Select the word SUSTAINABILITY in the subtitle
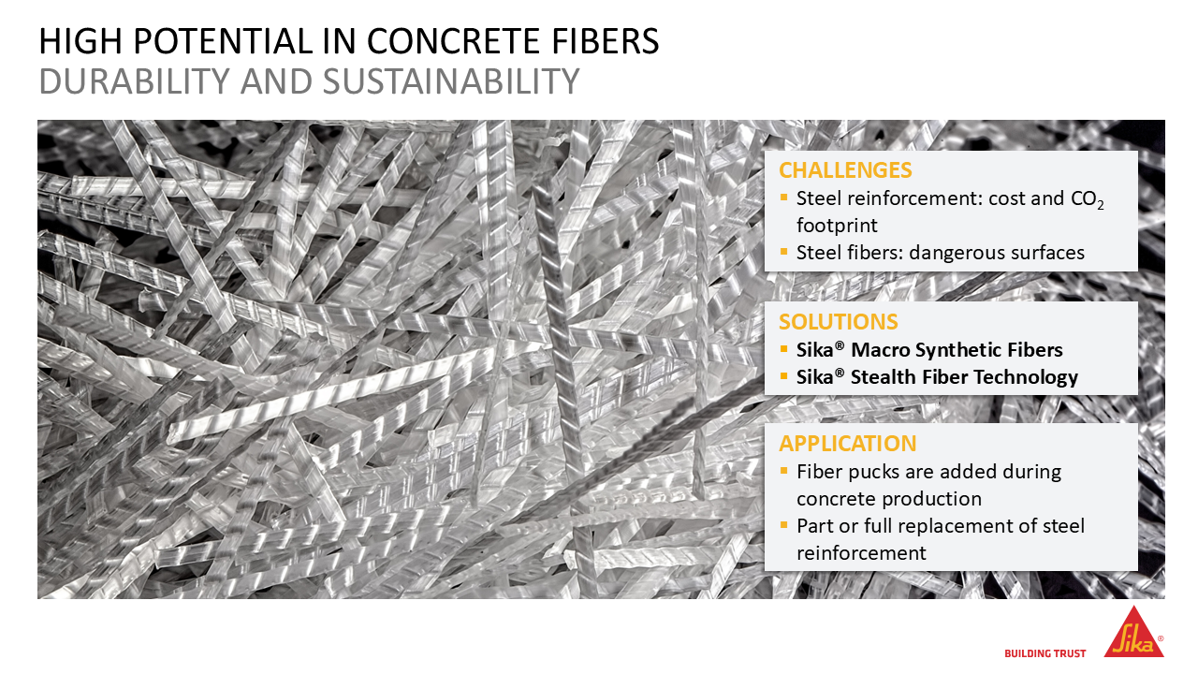(x=451, y=81)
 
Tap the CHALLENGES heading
(x=845, y=170)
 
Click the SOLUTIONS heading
(x=838, y=321)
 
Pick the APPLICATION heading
(x=848, y=444)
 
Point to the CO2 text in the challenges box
(x=1088, y=199)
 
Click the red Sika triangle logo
(x=1133, y=634)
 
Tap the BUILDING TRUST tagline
(x=1045, y=653)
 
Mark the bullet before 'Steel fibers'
(x=784, y=252)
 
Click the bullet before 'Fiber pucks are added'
(x=784, y=471)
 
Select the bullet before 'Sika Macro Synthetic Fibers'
(x=784, y=349)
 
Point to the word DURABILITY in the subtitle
(x=134, y=81)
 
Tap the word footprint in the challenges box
(x=837, y=227)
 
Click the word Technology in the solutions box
(x=1025, y=377)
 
